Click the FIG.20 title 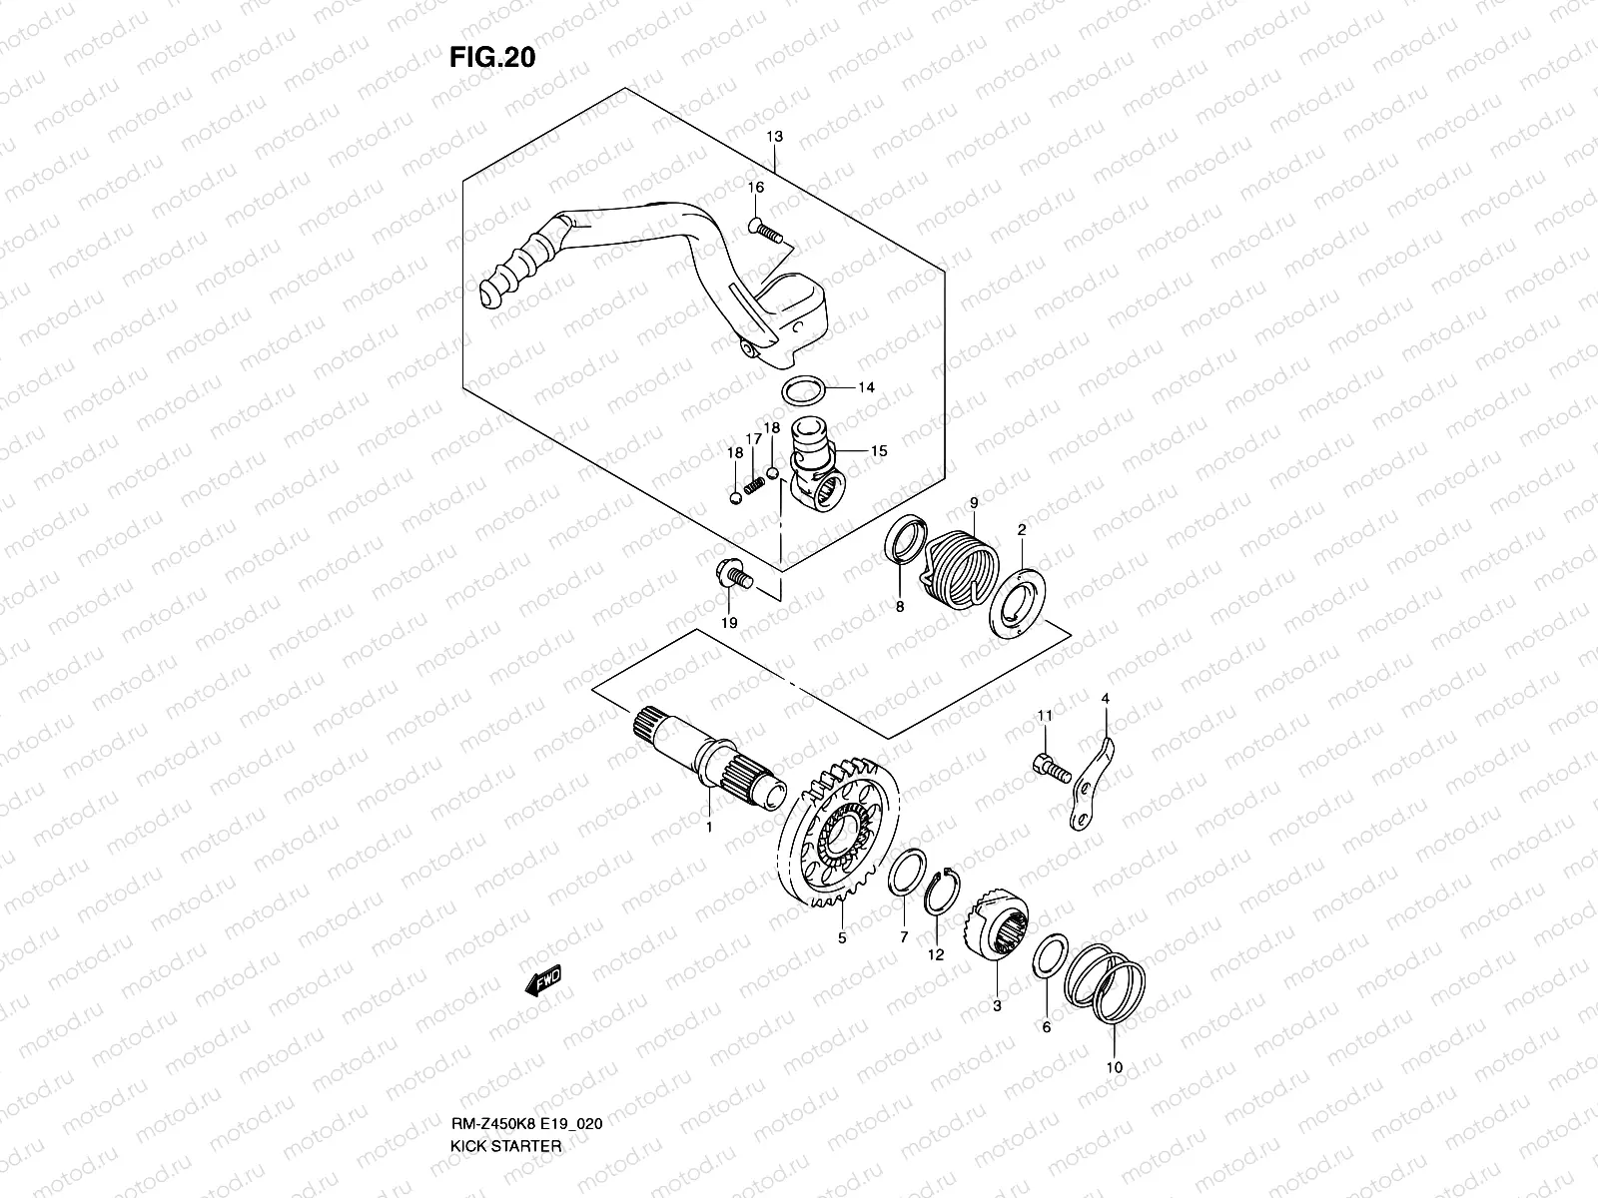(x=491, y=57)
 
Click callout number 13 (x=775, y=136)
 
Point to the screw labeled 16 (x=768, y=233)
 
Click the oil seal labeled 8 (x=904, y=547)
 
